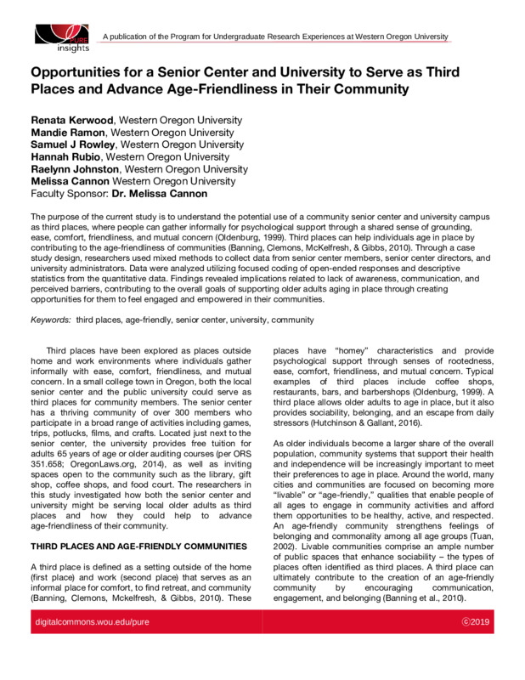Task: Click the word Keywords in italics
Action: pyautogui.click(x=51, y=320)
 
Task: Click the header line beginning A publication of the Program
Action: pyautogui.click(x=274, y=37)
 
